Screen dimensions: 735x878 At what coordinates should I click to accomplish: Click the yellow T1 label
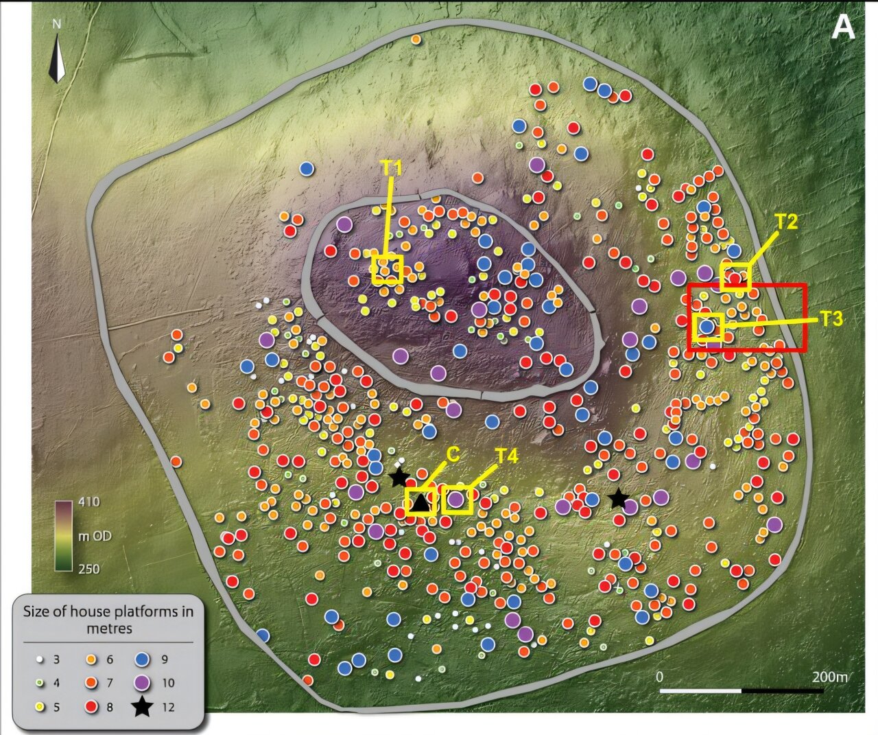click(391, 167)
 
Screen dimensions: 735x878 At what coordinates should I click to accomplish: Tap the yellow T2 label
click(786, 222)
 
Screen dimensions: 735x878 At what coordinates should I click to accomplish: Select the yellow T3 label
click(831, 318)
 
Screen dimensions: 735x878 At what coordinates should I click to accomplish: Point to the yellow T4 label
click(507, 456)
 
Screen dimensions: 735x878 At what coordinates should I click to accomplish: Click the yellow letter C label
click(452, 454)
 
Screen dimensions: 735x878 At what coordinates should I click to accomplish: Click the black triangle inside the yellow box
click(420, 503)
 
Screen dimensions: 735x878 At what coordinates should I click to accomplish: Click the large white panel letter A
click(843, 29)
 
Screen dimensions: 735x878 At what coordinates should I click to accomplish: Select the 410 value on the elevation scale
click(88, 502)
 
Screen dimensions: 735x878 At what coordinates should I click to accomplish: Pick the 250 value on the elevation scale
click(88, 569)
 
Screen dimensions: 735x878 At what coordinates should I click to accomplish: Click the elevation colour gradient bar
click(64, 535)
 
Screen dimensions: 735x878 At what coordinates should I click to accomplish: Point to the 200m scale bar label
click(829, 677)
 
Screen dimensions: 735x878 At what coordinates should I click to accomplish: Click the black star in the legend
click(142, 706)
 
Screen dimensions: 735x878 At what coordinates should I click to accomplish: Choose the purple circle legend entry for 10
click(142, 683)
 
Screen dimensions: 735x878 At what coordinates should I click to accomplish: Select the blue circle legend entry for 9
click(142, 660)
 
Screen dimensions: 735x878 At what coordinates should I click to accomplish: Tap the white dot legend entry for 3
click(40, 660)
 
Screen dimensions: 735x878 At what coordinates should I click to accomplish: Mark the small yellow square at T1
click(387, 269)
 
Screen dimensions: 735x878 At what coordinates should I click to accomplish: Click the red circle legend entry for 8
click(90, 707)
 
